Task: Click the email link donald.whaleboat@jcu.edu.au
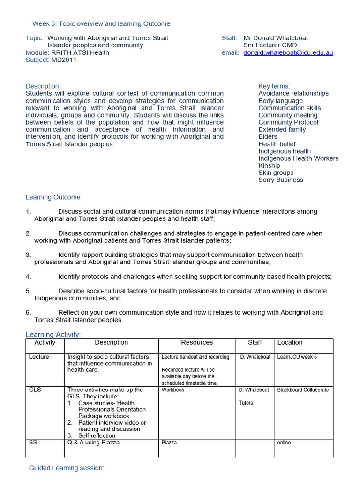[x=288, y=53]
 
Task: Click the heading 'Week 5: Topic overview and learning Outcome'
[x=101, y=23]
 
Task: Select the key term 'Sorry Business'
[x=280, y=180]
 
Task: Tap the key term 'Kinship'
[x=269, y=165]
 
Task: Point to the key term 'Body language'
[x=280, y=101]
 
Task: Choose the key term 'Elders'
[x=268, y=137]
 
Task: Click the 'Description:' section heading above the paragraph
[x=43, y=86]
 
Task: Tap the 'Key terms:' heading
[x=274, y=86]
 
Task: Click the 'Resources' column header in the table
[x=197, y=343]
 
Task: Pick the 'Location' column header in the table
[x=290, y=343]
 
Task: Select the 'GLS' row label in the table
[x=35, y=390]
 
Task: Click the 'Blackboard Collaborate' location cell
[x=303, y=390]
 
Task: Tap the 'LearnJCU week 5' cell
[x=297, y=357]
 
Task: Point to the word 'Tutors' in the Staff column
[x=247, y=403]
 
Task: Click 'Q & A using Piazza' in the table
[x=93, y=442]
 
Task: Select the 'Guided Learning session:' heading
[x=67, y=468]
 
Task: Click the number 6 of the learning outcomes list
[x=28, y=312]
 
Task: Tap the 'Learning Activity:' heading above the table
[x=53, y=334]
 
